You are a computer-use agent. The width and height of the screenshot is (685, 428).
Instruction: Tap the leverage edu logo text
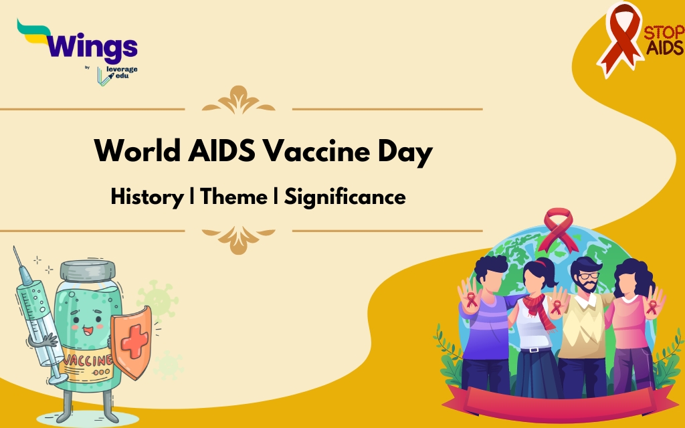click(122, 72)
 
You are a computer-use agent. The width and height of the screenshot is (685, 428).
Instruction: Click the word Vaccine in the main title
click(316, 151)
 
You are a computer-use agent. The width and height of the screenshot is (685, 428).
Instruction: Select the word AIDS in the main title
click(221, 151)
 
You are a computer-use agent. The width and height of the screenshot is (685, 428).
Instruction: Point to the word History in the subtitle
click(147, 197)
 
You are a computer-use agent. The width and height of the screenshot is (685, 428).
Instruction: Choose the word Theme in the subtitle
click(233, 197)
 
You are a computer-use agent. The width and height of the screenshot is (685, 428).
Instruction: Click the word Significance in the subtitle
click(345, 197)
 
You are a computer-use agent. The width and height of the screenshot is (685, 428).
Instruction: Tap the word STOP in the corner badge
click(664, 33)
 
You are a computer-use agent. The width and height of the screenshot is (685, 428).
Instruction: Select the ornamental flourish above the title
click(239, 100)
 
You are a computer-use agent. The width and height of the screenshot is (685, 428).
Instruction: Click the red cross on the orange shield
click(134, 342)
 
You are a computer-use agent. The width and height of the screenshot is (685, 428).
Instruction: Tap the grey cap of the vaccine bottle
click(88, 270)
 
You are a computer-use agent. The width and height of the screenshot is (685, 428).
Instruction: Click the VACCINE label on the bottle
click(88, 360)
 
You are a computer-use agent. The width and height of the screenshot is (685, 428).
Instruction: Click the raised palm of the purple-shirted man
click(470, 296)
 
